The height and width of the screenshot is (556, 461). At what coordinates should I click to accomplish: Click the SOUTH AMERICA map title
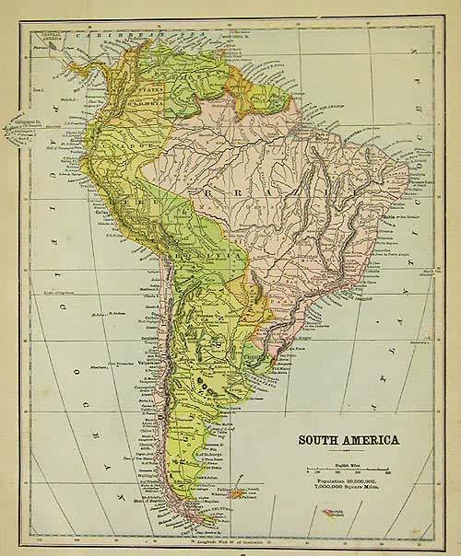348,439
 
